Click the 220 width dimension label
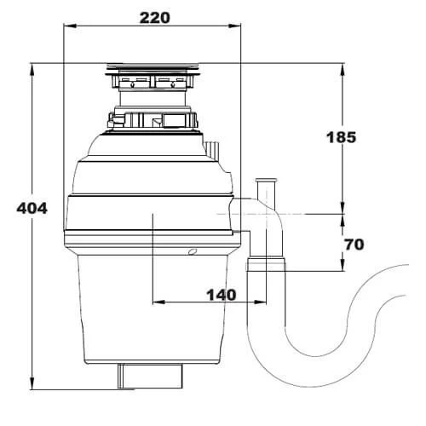click(x=153, y=16)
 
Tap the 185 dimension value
click(x=341, y=137)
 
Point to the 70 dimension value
click(x=354, y=245)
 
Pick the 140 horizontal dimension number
click(x=220, y=295)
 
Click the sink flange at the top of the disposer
click(x=153, y=69)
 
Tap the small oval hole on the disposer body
click(x=192, y=251)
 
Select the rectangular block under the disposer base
click(x=150, y=374)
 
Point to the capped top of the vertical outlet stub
click(x=266, y=181)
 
